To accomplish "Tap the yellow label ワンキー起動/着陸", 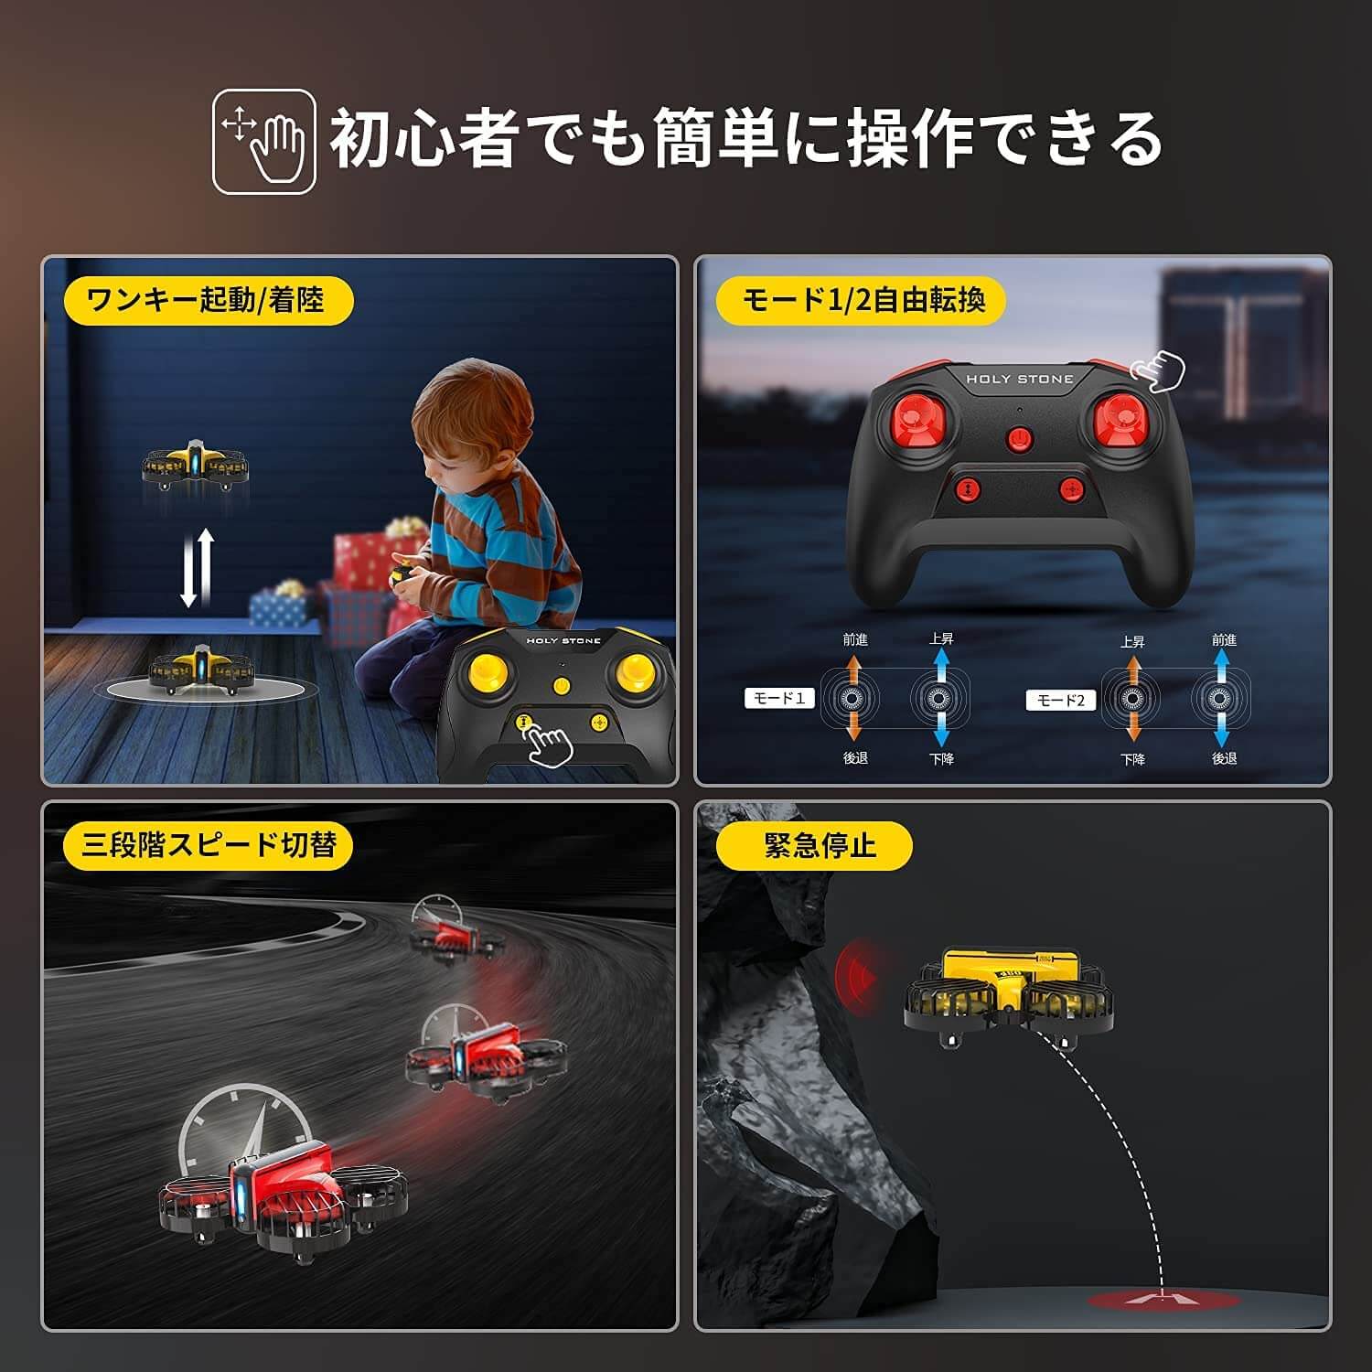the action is [207, 299].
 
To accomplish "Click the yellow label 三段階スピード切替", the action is [208, 844].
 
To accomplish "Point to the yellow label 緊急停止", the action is [814, 845].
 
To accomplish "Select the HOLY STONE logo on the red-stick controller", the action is [1020, 379].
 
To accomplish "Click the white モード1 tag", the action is [778, 699].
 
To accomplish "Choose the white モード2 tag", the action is [1060, 701].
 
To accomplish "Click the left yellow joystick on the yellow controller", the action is [484, 672].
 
